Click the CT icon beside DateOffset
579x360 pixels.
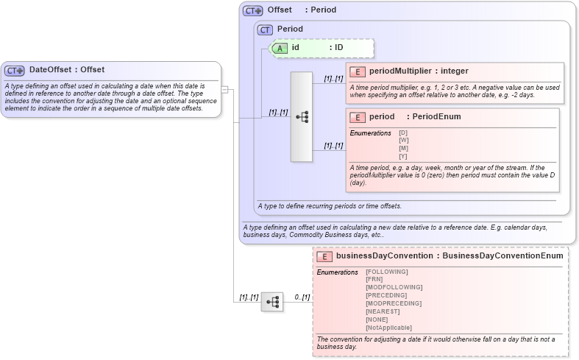(x=15, y=71)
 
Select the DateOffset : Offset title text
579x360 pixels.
(x=67, y=70)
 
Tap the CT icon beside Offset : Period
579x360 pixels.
(x=253, y=10)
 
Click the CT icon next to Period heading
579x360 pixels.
(x=265, y=29)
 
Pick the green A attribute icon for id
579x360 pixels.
(x=280, y=48)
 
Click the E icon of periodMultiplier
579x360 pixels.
(x=357, y=71)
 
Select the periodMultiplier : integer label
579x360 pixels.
(x=418, y=71)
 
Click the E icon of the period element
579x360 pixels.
(x=357, y=117)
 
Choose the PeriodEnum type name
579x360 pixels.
(x=436, y=117)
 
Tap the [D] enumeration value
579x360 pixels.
(x=403, y=133)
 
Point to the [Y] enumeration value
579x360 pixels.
(x=403, y=156)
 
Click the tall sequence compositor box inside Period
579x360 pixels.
(x=302, y=116)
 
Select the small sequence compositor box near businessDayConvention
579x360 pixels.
(x=271, y=302)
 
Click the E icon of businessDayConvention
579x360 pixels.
(x=324, y=256)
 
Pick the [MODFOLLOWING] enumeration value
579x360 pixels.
(x=394, y=287)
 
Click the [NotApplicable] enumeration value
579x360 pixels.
(x=388, y=328)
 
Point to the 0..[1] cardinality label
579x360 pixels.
(x=302, y=297)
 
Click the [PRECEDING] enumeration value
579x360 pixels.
(x=387, y=295)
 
